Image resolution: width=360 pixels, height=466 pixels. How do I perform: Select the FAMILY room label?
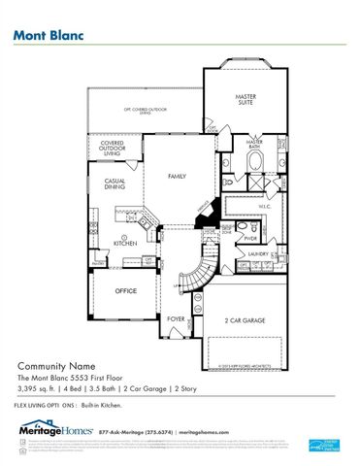(x=177, y=177)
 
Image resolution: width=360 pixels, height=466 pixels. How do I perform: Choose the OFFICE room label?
(x=125, y=290)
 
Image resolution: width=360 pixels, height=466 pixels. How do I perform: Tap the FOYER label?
(x=176, y=317)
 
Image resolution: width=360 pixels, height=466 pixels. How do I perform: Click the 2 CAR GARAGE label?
(x=245, y=319)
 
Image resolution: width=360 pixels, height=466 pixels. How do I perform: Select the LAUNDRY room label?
(x=257, y=254)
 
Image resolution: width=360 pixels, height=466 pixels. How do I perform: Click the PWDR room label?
(x=249, y=236)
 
